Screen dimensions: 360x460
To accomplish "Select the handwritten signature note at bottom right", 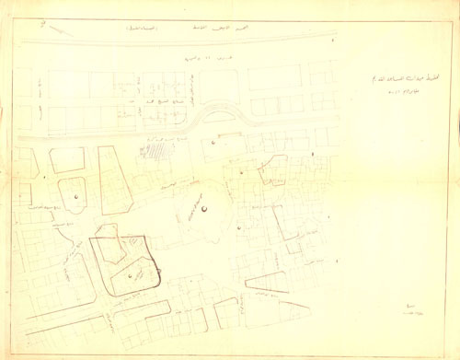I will click(x=412, y=311).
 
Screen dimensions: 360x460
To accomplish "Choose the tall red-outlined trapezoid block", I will click(x=112, y=180).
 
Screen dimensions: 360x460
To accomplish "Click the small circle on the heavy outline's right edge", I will click(x=158, y=270).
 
